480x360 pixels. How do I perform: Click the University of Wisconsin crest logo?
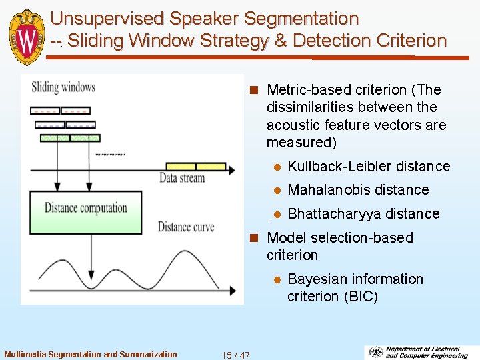(27, 34)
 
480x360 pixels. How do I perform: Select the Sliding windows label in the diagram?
(63, 87)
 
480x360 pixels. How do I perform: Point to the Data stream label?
(182, 178)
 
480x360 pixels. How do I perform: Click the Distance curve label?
(186, 227)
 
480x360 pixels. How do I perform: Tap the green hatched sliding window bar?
(70, 138)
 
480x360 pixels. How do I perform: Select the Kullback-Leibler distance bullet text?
(369, 167)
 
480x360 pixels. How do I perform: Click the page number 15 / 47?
(235, 355)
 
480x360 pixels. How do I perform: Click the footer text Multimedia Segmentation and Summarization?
(91, 355)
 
